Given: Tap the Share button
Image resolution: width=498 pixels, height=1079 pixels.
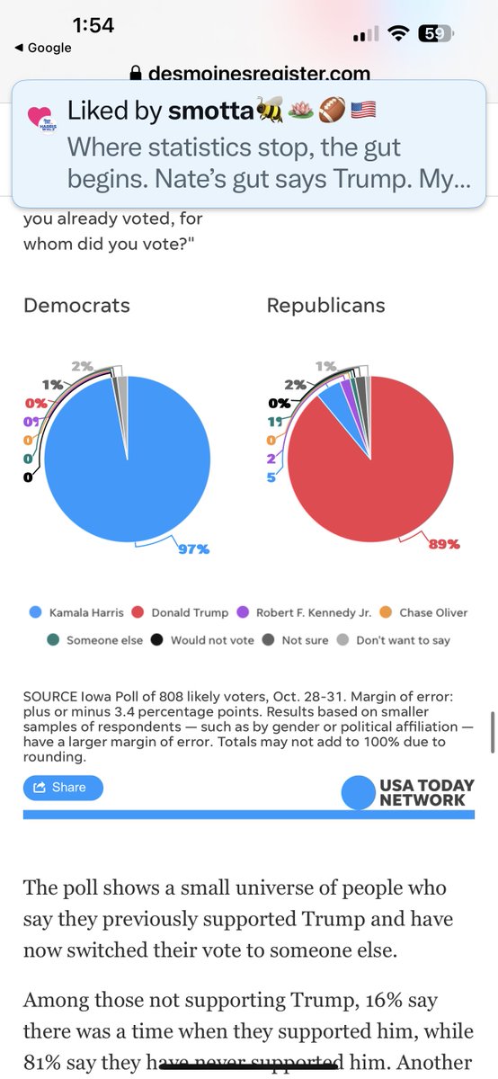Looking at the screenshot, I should tap(63, 788).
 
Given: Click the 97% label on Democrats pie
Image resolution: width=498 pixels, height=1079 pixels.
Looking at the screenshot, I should tap(192, 549).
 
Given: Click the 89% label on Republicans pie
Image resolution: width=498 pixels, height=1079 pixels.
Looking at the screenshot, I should tap(443, 544).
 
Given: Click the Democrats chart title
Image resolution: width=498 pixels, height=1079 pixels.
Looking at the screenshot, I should tap(76, 306).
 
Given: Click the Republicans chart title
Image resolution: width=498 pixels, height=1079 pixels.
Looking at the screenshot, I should tap(325, 306).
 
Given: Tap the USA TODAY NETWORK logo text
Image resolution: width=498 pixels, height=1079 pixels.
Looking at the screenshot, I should tap(422, 792).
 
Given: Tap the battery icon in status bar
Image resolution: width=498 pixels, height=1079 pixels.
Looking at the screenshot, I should tap(435, 34).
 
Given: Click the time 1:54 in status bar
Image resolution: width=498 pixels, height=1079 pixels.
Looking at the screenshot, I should tap(93, 25).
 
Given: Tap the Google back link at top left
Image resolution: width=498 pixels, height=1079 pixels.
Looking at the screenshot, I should tap(42, 48).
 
